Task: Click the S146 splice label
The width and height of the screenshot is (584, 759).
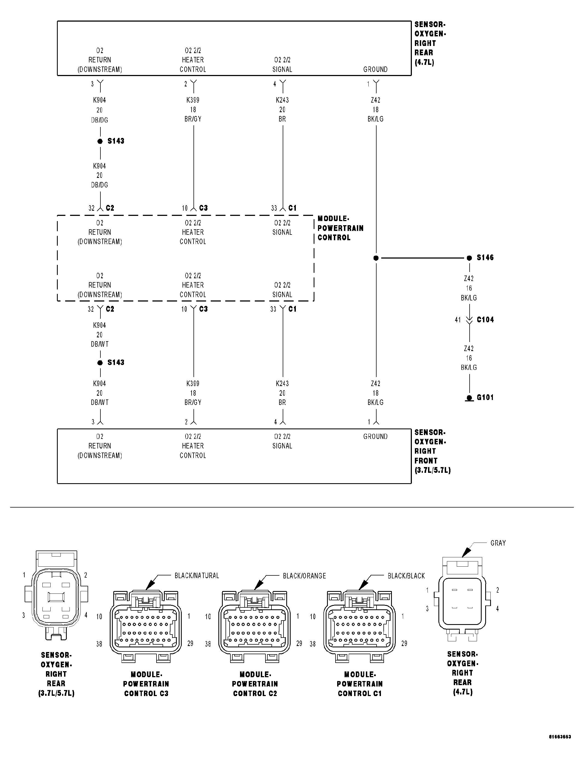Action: coord(485,257)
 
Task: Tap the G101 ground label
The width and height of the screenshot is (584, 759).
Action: coord(485,397)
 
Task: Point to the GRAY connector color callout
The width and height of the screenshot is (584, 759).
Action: coord(498,543)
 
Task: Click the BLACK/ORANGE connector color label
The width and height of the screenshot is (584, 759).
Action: coord(304,576)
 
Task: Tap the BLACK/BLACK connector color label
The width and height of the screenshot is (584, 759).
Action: coord(406,576)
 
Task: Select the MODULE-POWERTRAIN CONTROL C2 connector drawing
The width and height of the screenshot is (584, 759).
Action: coord(255,625)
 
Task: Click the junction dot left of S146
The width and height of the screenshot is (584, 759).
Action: coord(376,258)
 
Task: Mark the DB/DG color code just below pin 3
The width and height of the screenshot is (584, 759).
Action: coord(100,120)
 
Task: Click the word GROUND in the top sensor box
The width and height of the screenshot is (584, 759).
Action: coord(375,69)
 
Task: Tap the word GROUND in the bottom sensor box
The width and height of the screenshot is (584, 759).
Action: coord(375,436)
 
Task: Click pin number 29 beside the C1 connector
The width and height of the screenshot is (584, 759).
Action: coord(404,643)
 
